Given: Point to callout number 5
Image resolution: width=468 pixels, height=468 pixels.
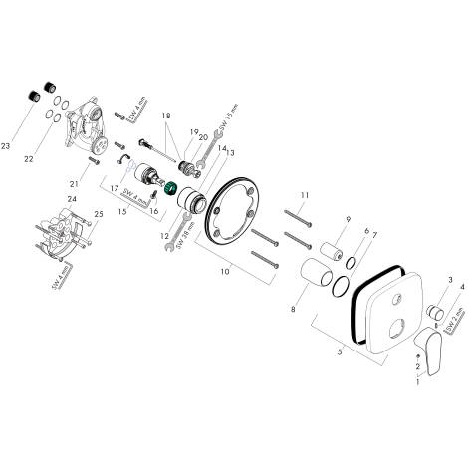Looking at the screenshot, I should [341, 351].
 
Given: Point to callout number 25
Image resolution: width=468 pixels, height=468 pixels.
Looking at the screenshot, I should [97, 213].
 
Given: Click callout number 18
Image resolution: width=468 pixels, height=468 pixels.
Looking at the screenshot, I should [167, 117].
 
